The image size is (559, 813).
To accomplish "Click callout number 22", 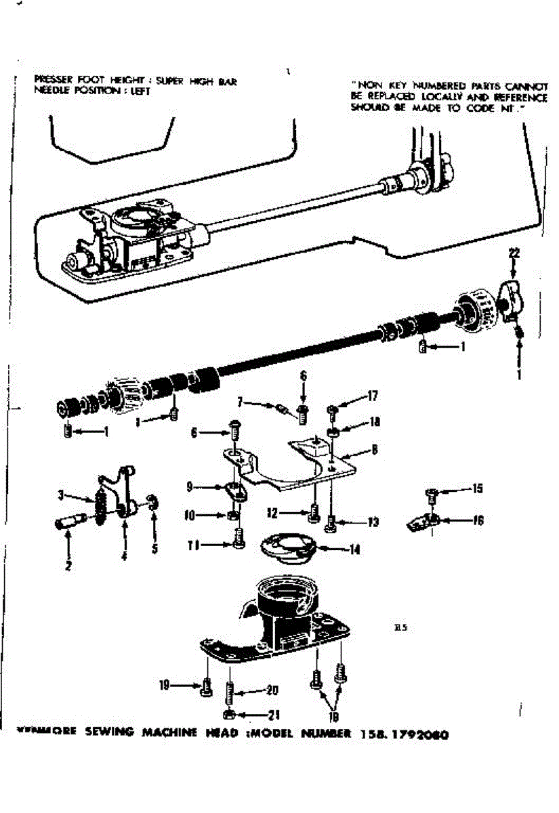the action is pyautogui.click(x=514, y=253).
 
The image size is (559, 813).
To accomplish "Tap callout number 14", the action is pyautogui.click(x=354, y=549).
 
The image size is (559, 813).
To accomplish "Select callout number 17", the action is pyautogui.click(x=373, y=396).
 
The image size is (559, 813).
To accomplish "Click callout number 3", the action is pyautogui.click(x=61, y=495).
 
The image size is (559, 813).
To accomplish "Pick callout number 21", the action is pyautogui.click(x=274, y=714).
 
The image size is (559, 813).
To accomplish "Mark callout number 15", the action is pyautogui.click(x=478, y=488).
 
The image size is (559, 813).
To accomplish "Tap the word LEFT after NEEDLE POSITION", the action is pyautogui.click(x=140, y=92).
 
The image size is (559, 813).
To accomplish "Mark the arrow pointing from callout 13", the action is pyautogui.click(x=349, y=522).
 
